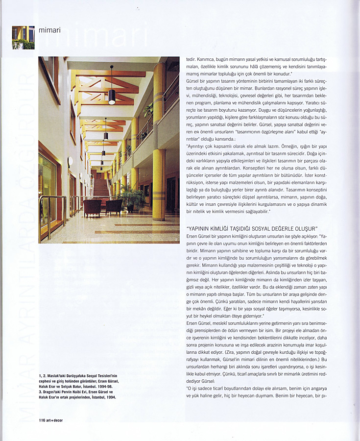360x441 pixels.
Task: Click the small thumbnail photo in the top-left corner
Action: (23, 37)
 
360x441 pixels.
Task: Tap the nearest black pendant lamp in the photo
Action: (112, 96)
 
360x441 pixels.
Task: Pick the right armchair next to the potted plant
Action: (114, 206)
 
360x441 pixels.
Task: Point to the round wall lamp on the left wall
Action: (71, 161)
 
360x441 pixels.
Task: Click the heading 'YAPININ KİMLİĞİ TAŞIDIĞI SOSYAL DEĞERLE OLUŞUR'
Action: (253, 228)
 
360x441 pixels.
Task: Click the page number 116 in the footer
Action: (43, 420)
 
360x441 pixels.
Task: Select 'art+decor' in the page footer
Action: (55, 420)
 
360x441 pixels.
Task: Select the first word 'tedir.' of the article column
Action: (192, 59)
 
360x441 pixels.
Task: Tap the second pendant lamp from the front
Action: (105, 135)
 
